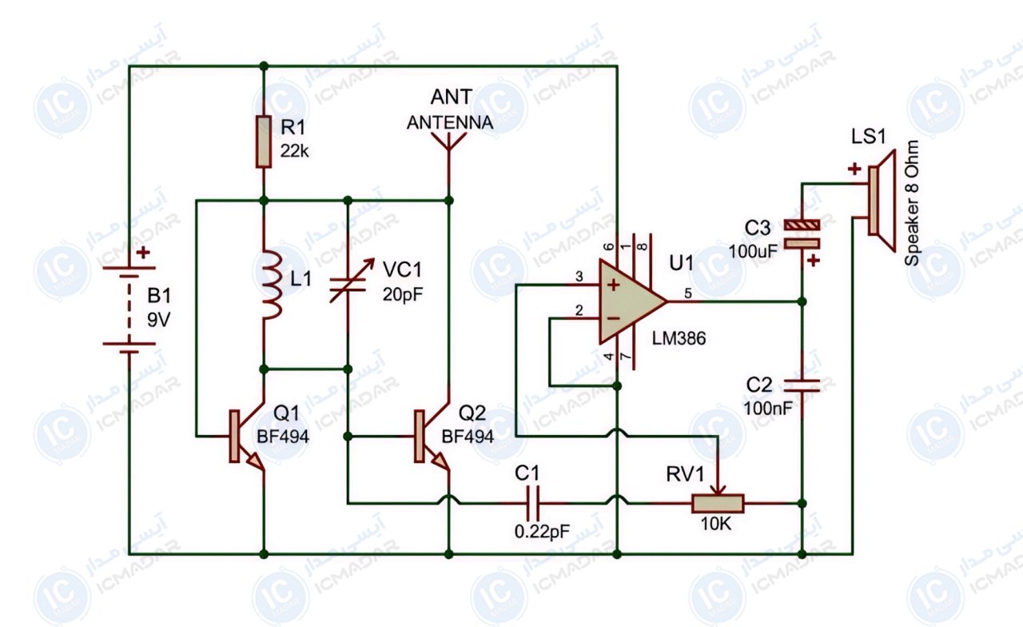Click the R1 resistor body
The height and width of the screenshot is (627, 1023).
[264, 142]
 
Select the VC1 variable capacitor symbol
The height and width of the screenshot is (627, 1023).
[349, 283]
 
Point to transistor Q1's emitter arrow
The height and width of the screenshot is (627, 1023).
[255, 462]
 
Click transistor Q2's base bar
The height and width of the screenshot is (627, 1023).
[419, 436]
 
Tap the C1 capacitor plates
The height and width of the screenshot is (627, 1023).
[532, 503]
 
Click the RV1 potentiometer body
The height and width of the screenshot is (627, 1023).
[718, 504]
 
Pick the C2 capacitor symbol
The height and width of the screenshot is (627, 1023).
[802, 385]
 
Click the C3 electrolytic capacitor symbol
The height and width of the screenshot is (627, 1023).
[802, 234]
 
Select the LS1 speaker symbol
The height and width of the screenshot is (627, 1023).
[882, 201]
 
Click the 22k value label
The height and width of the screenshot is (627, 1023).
[294, 151]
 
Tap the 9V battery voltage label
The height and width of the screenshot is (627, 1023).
[158, 320]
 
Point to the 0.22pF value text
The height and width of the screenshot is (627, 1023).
[542, 532]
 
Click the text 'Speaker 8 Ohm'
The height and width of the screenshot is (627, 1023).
[912, 203]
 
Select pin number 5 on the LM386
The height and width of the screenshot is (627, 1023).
[688, 293]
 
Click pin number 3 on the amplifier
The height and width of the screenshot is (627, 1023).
[579, 277]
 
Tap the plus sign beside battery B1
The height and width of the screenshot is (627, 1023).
[143, 252]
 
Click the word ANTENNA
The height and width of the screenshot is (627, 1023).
[450, 122]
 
